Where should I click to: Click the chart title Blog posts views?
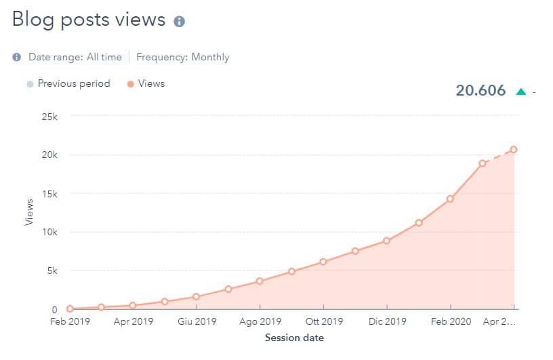pyautogui.click(x=89, y=20)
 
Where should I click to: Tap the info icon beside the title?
pyautogui.click(x=180, y=22)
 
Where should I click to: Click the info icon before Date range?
pyautogui.click(x=17, y=58)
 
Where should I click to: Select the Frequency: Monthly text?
pyautogui.click(x=183, y=57)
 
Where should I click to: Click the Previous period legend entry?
pyautogui.click(x=67, y=83)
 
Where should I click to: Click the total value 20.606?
pyautogui.click(x=480, y=90)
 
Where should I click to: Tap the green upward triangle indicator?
pyautogui.click(x=520, y=92)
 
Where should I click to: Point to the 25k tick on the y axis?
pyautogui.click(x=50, y=116)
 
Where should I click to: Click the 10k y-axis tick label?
pyautogui.click(x=50, y=232)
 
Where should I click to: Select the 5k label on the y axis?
pyautogui.click(x=52, y=271)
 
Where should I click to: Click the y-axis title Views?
pyautogui.click(x=28, y=212)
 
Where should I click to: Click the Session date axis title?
pyautogui.click(x=294, y=337)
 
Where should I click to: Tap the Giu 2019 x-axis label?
pyautogui.click(x=197, y=322)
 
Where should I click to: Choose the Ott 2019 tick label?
pyautogui.click(x=323, y=322)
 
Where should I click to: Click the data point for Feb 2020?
pyautogui.click(x=450, y=199)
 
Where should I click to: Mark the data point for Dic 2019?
pyautogui.click(x=386, y=241)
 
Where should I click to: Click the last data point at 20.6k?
pyautogui.click(x=514, y=149)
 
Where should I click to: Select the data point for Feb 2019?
pyautogui.click(x=70, y=308)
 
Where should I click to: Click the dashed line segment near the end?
pyautogui.click(x=498, y=156)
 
